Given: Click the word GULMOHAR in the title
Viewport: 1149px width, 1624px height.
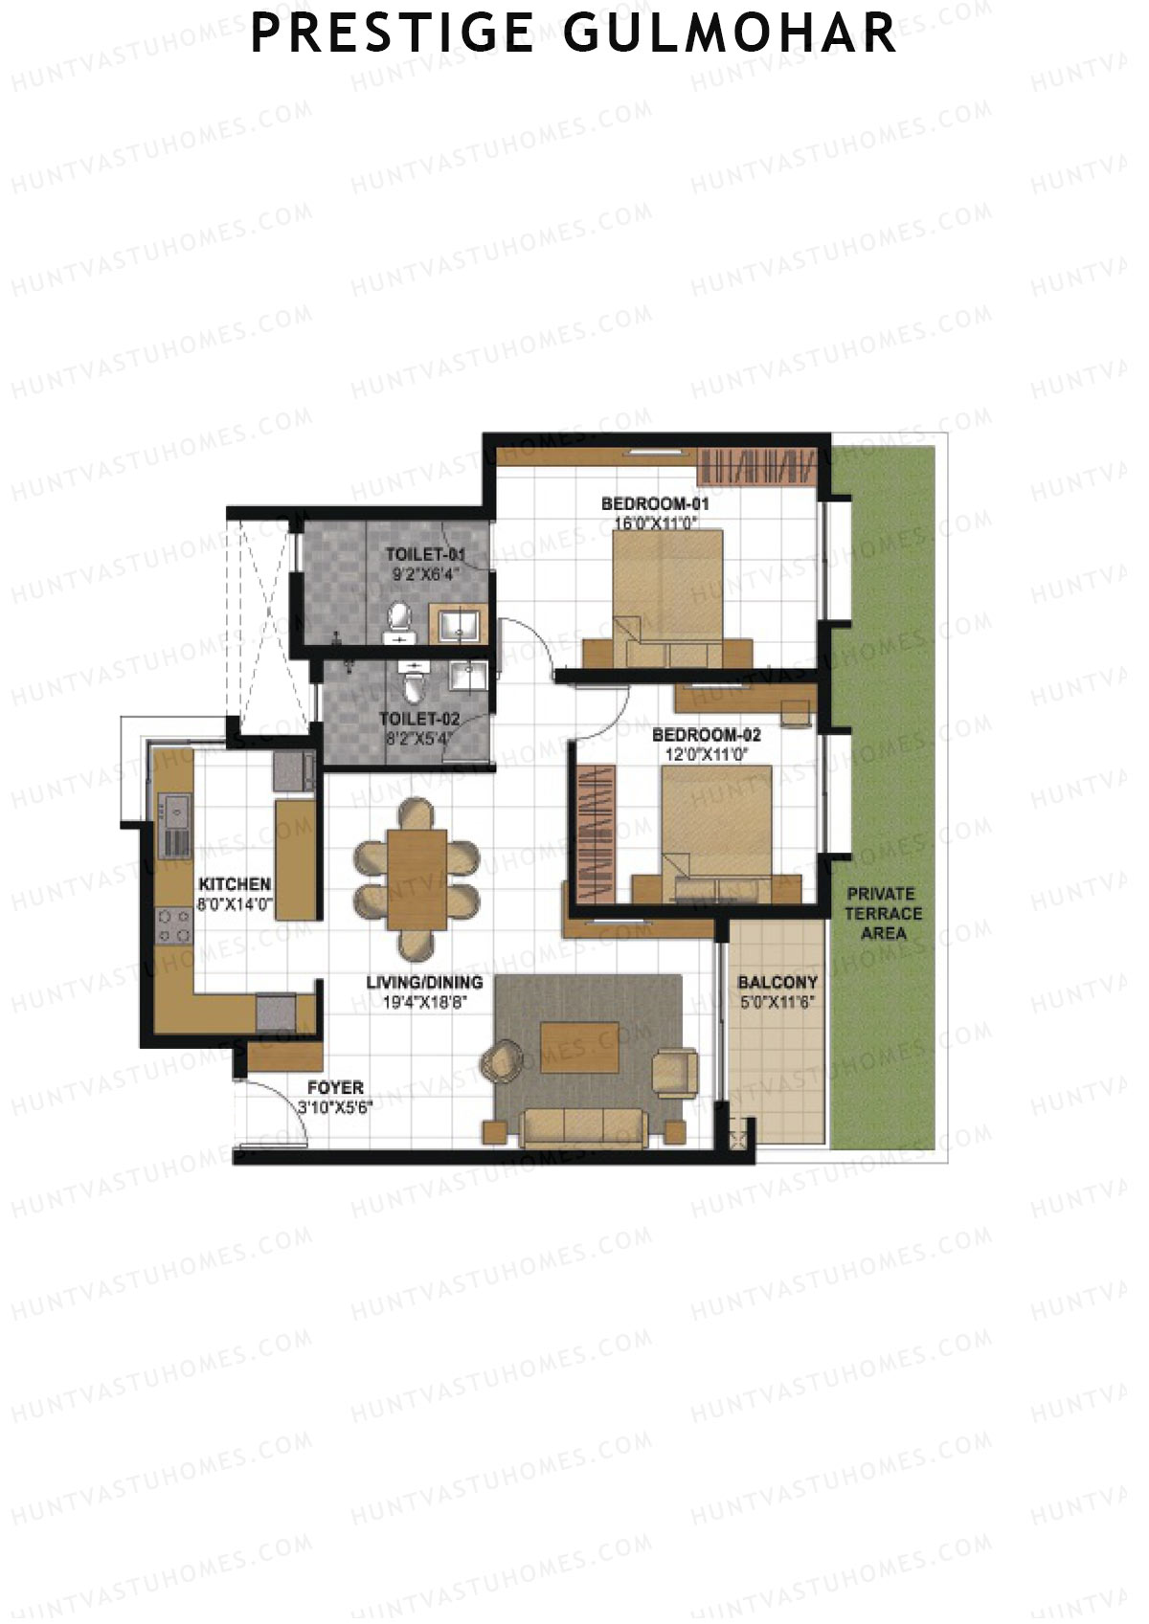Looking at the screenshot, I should tap(730, 33).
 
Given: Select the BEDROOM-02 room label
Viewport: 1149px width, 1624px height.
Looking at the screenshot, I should tap(707, 735).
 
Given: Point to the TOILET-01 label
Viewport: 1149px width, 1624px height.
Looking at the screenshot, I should tap(425, 554).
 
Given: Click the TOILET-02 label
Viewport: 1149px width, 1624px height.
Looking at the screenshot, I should tap(418, 719).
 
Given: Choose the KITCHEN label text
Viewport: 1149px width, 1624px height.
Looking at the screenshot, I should tap(235, 884).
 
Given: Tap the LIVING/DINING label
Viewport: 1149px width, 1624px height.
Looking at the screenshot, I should tap(424, 983).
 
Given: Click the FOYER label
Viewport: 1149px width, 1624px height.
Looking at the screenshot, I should tap(335, 1088).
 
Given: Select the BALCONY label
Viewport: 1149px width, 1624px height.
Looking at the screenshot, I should tap(777, 983).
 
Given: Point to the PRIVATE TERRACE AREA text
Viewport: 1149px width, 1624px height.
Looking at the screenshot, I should tap(883, 913).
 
